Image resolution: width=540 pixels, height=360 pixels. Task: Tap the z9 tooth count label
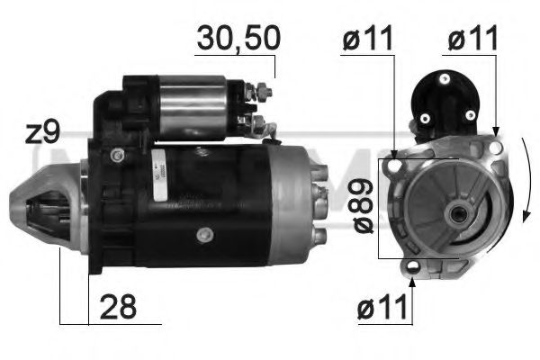point(42,134)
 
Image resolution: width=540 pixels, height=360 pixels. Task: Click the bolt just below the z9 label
point(115,156)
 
